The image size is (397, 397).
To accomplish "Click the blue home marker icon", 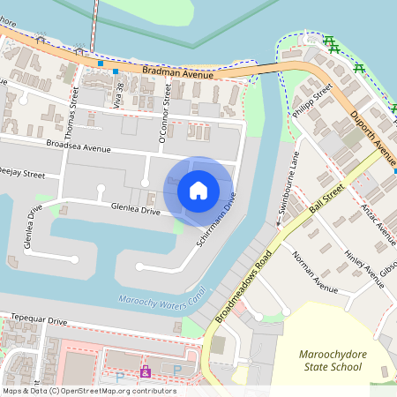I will (x=198, y=189).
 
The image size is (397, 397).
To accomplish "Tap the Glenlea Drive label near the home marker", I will (x=136, y=209).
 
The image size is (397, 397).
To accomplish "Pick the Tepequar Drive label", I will (x=34, y=319).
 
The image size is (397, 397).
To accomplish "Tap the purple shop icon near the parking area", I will (x=146, y=371).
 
